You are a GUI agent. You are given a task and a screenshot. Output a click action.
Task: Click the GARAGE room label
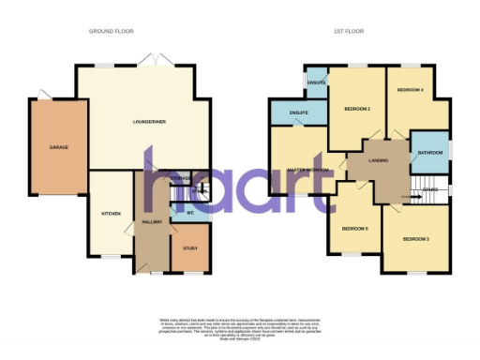(x=59, y=147)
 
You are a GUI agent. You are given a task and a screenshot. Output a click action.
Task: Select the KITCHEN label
(x=112, y=214)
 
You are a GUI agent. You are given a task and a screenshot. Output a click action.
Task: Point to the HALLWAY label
(x=151, y=222)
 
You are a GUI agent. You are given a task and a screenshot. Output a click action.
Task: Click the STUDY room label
(x=190, y=247)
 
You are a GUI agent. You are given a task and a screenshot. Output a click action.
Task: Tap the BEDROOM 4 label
(x=411, y=90)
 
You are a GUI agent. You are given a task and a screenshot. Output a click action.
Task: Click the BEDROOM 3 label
(x=416, y=240)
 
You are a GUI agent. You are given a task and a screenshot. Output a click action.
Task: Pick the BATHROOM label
(x=430, y=152)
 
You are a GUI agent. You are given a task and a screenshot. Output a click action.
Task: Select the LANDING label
(x=380, y=160)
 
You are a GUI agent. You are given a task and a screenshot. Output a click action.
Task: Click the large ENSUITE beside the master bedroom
(x=300, y=112)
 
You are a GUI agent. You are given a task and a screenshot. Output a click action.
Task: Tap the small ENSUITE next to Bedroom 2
(x=316, y=83)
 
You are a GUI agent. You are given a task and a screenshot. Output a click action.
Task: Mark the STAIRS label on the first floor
(x=430, y=190)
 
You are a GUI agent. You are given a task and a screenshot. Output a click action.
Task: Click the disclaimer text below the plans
(x=240, y=324)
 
